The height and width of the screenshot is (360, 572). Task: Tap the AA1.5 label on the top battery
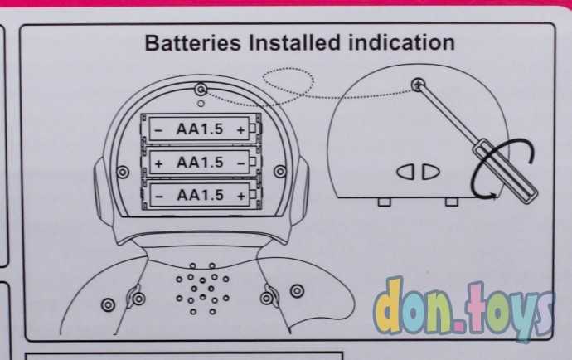(200, 129)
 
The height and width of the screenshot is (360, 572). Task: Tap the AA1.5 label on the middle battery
(200, 162)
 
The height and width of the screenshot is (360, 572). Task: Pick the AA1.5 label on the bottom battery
(200, 195)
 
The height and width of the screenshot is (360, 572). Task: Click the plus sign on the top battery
(240, 129)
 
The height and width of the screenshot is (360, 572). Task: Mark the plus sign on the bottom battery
(240, 195)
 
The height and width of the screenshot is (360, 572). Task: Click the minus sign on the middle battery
(240, 162)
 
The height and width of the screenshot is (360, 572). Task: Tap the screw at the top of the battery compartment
(200, 88)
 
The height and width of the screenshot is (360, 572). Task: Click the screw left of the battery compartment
(124, 171)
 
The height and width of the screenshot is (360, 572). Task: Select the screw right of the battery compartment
(279, 171)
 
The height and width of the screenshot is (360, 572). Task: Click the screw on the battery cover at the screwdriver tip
(418, 84)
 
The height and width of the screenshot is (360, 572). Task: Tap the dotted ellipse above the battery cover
(288, 83)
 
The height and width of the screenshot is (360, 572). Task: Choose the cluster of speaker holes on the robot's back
(198, 288)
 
